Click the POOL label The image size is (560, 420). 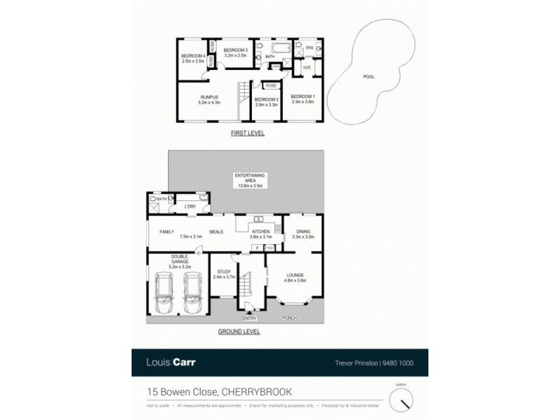pyautogui.click(x=367, y=77)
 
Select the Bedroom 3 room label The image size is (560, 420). pyautogui.click(x=236, y=51)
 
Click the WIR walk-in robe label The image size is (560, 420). pyautogui.click(x=307, y=68)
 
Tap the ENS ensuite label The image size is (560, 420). pyautogui.click(x=309, y=48)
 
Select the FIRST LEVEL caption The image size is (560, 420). pyautogui.click(x=248, y=132)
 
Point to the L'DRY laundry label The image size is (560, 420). pyautogui.click(x=189, y=206)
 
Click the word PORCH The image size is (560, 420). pyautogui.click(x=289, y=318)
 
